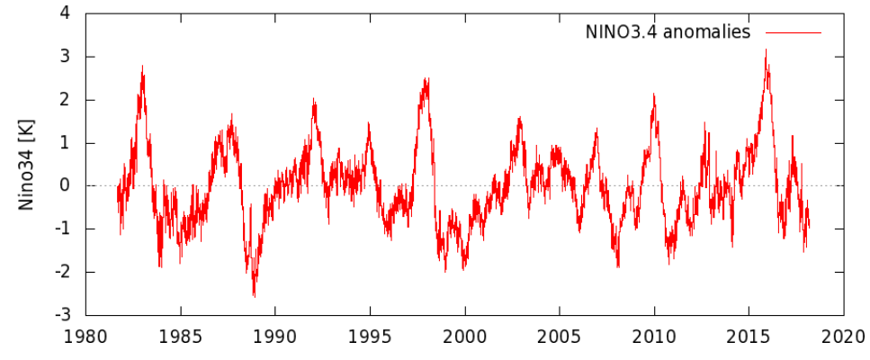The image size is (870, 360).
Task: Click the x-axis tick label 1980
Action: pos(85,337)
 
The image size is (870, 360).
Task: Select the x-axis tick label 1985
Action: pos(180,337)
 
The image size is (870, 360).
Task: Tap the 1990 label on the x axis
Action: pos(274,337)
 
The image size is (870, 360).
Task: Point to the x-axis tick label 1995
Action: pos(370,337)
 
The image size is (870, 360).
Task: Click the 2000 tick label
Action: pos(464,337)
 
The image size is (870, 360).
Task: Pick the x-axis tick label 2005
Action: pos(560,337)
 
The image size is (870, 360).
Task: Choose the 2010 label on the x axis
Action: pos(654,337)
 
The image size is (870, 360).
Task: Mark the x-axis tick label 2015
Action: pos(749,337)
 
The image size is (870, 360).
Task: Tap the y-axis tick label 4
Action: pos(66,13)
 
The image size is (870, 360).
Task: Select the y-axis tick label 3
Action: pos(66,57)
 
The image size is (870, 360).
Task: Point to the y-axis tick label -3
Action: pos(63,315)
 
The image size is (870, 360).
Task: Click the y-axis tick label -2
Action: pos(63,272)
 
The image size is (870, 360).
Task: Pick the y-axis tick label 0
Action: pos(66,186)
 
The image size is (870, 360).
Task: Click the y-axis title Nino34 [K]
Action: pos(28,165)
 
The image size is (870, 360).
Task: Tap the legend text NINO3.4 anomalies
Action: pos(668,32)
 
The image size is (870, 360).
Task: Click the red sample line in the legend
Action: pos(793,32)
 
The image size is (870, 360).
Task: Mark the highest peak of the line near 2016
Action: pos(766,50)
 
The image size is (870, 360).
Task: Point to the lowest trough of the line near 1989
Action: pos(254,295)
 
